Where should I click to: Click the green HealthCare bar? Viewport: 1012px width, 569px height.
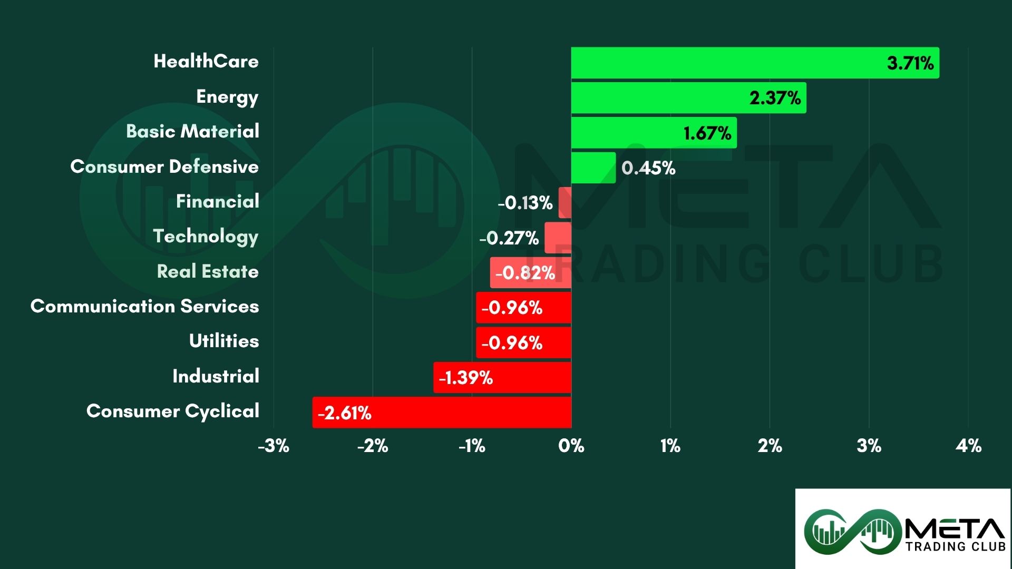[x=727, y=63]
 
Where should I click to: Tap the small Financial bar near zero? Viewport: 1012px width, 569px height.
[x=565, y=202]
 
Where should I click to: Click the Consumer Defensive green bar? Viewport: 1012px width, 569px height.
[x=593, y=168]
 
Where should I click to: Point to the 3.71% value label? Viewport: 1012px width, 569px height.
[x=910, y=63]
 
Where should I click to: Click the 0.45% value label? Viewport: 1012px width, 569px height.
[x=648, y=168]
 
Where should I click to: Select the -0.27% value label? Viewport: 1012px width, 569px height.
[x=509, y=238]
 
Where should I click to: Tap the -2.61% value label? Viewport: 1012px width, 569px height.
[x=345, y=413]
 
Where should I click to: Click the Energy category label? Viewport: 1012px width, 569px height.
[x=227, y=97]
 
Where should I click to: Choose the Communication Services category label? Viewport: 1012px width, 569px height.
[x=144, y=306]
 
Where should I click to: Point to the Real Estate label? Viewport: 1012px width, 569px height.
[x=208, y=271]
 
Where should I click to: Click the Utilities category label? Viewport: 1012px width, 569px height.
[x=224, y=341]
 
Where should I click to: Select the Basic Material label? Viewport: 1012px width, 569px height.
[x=192, y=131]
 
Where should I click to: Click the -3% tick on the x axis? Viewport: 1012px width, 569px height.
[x=274, y=446]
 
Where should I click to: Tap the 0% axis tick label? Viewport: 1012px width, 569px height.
[x=571, y=446]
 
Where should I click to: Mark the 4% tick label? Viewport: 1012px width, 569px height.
[x=968, y=446]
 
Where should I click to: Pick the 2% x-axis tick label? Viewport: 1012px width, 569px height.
[x=770, y=446]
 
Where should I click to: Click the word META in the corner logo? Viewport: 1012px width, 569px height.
[x=955, y=528]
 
